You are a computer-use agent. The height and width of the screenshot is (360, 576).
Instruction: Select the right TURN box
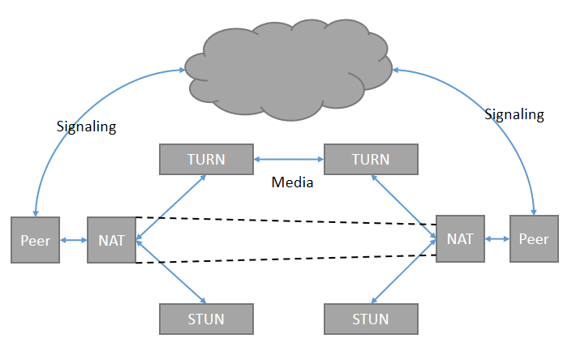(x=370, y=159)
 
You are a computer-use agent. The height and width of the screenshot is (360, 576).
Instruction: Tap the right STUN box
(x=370, y=318)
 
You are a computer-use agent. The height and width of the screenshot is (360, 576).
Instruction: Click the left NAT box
(x=111, y=240)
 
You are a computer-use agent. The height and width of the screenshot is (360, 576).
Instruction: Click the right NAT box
(x=460, y=239)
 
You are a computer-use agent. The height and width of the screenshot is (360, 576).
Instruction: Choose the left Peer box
(x=36, y=240)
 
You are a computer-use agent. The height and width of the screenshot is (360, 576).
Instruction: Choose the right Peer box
(x=534, y=239)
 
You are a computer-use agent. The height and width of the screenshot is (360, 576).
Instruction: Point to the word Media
(x=292, y=183)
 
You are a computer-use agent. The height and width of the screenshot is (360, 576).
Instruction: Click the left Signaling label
(x=87, y=126)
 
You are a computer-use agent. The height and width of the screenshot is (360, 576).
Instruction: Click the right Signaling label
(x=514, y=115)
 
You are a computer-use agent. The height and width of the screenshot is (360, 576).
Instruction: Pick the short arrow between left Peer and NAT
(x=74, y=240)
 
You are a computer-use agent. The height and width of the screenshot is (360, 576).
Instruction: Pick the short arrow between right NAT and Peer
(x=496, y=239)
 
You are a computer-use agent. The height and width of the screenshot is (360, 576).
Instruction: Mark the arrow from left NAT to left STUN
(x=171, y=273)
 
